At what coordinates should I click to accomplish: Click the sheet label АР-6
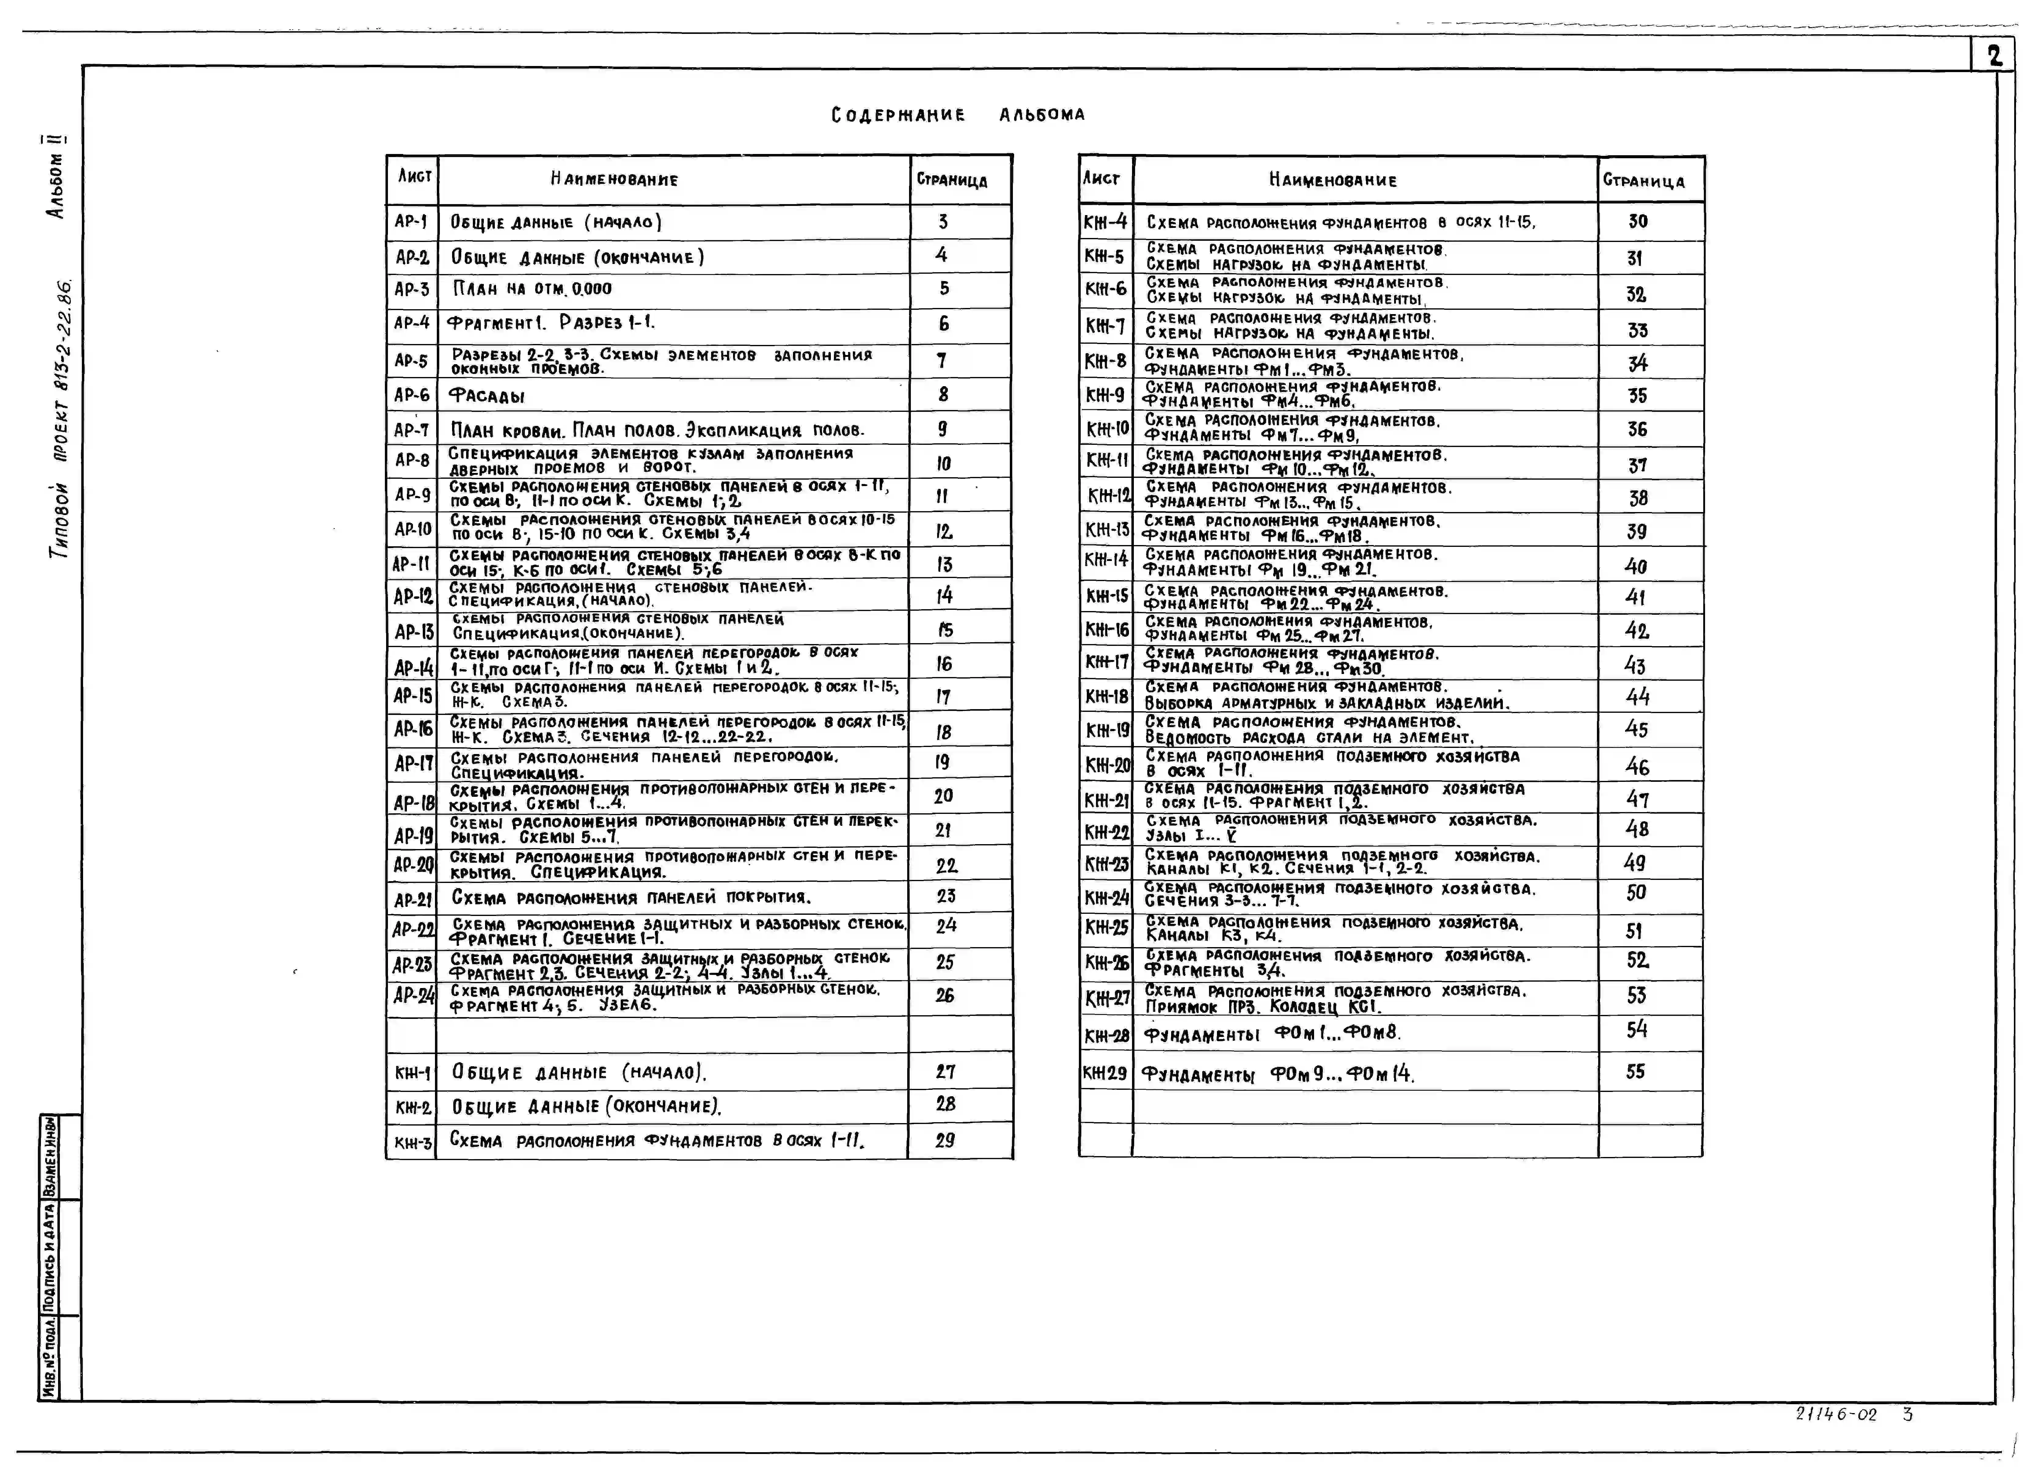click(411, 394)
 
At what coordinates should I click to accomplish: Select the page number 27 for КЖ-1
click(944, 1071)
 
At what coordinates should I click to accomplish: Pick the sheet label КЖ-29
click(1104, 1072)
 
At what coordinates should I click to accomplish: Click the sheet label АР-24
click(413, 996)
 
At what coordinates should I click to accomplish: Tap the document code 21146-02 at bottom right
click(1836, 1414)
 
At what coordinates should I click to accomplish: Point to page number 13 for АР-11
click(944, 564)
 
